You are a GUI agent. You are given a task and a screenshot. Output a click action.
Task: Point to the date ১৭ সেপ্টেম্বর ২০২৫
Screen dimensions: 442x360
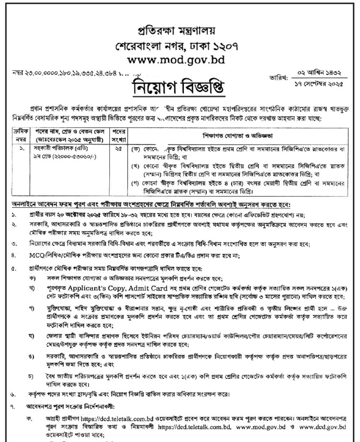[317, 84]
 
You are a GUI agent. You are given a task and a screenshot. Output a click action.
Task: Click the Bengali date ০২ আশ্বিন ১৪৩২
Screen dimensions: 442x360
[317, 73]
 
